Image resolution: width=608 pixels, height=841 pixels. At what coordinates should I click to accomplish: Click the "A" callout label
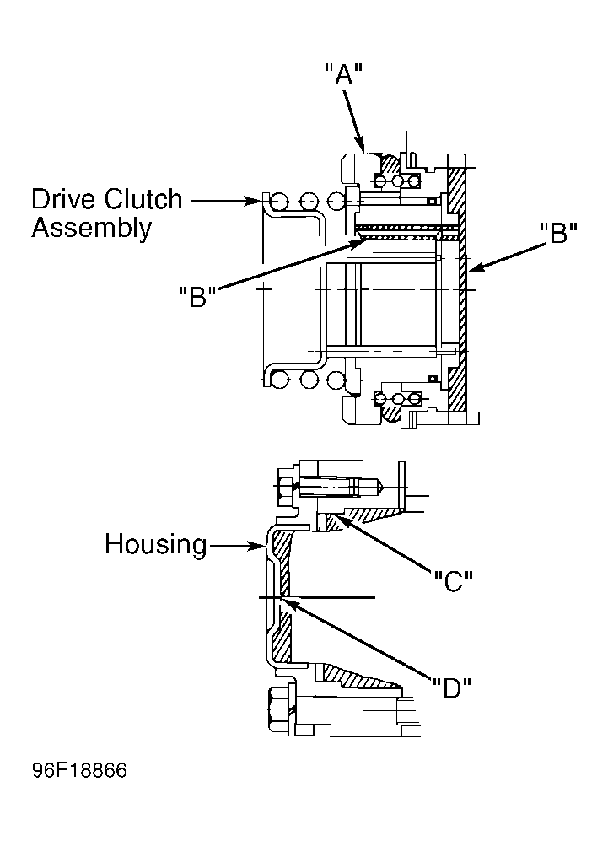click(344, 73)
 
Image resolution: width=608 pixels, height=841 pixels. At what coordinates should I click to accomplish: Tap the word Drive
click(64, 199)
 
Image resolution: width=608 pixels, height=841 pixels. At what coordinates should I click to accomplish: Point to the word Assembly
click(92, 229)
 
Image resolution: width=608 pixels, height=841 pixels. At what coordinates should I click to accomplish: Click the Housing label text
click(155, 544)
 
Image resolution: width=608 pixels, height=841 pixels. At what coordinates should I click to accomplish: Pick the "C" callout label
click(453, 580)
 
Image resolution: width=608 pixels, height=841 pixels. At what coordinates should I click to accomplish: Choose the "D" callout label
click(452, 688)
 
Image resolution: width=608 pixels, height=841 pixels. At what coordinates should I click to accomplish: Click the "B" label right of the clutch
click(558, 235)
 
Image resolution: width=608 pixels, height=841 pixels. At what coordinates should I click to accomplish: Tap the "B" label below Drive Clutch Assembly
click(197, 297)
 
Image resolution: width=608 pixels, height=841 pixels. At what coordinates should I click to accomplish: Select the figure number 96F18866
click(80, 771)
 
